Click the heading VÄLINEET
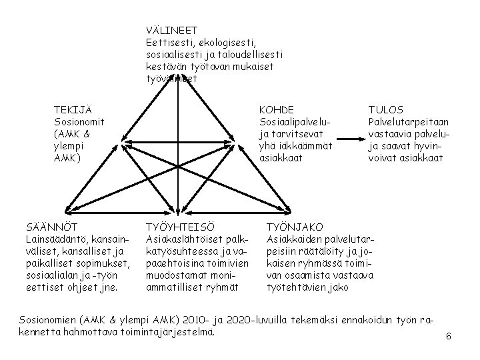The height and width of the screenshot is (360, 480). click(172, 30)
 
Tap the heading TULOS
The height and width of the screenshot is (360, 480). click(386, 110)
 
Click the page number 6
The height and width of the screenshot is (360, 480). click(449, 336)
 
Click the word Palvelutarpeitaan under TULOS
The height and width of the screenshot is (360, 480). click(408, 122)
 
